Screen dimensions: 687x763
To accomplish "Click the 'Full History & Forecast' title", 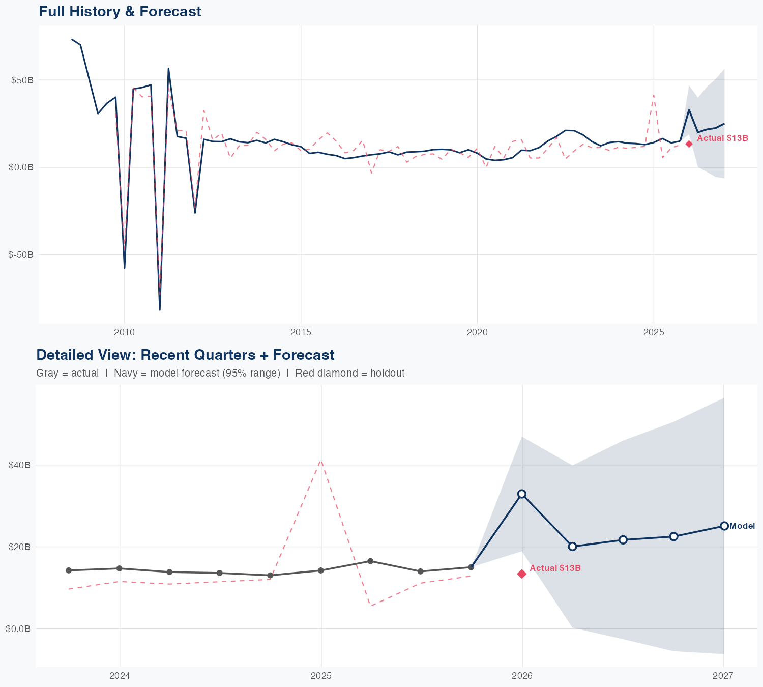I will pos(120,11).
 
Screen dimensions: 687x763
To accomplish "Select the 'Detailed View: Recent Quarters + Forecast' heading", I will pos(185,355).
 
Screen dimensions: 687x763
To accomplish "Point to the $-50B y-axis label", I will pos(21,255).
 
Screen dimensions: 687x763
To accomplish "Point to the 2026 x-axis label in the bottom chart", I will pos(522,676).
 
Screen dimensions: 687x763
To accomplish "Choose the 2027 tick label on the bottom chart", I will pos(723,676).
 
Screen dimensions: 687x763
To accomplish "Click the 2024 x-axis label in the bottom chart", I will pos(120,676).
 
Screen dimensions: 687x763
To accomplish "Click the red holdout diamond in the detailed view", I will pos(522,574).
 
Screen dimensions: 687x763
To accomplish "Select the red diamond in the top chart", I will pos(689,144).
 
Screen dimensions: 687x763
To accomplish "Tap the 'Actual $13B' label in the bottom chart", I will pos(555,568).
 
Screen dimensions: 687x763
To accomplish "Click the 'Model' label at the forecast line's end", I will pos(742,526).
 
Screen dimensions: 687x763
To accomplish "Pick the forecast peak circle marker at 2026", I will pos(522,494).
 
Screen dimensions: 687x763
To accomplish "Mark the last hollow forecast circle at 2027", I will pos(724,526).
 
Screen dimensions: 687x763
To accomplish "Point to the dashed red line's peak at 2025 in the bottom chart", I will pos(321,461).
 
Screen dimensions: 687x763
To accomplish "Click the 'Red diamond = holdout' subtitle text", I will pos(349,373).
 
